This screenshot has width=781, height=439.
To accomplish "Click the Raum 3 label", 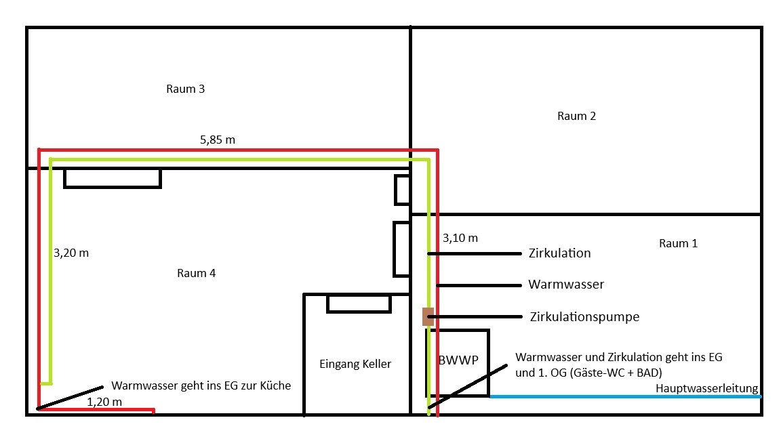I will pyautogui.click(x=185, y=89).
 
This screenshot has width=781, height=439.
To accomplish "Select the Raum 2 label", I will pyautogui.click(x=576, y=116).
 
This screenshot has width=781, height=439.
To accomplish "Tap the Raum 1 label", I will pyautogui.click(x=677, y=243).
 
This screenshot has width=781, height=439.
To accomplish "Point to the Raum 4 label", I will pyautogui.click(x=196, y=274).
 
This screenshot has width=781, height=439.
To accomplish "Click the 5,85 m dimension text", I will pyautogui.click(x=218, y=140).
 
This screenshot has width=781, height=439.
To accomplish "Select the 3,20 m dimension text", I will pyautogui.click(x=71, y=253).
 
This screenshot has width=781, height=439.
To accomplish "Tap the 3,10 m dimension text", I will pyautogui.click(x=460, y=238).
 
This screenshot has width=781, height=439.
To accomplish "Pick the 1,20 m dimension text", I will pyautogui.click(x=104, y=402).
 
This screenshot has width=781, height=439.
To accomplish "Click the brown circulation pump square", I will pyautogui.click(x=428, y=316).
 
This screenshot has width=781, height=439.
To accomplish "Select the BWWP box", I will pyautogui.click(x=457, y=362).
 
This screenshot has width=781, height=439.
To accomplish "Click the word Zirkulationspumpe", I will pyautogui.click(x=584, y=316).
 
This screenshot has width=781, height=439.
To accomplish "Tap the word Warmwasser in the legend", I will pyautogui.click(x=566, y=285).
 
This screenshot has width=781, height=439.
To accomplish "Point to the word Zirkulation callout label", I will pyautogui.click(x=559, y=253).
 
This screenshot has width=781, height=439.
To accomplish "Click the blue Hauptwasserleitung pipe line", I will pyautogui.click(x=624, y=396).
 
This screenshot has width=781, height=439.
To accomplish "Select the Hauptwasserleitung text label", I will pyautogui.click(x=706, y=388).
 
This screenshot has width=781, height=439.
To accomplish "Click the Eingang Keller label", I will pyautogui.click(x=355, y=364).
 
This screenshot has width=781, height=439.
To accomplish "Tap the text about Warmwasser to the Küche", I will pyautogui.click(x=201, y=385).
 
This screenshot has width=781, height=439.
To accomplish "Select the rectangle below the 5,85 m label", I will pyautogui.click(x=113, y=178).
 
